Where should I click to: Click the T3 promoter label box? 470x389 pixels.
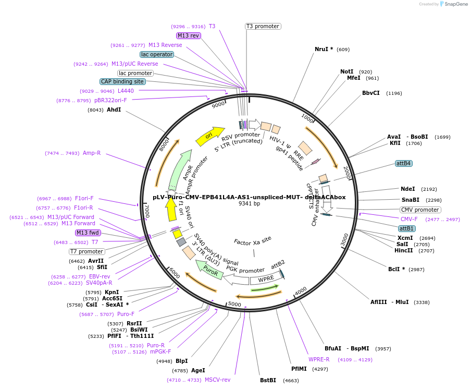tap(263, 26)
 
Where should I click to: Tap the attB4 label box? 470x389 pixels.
tap(404, 163)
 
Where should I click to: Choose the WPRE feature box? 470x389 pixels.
tap(266, 279)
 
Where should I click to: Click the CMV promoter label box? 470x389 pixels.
tap(420, 210)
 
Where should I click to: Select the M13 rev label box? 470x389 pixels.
tap(188, 35)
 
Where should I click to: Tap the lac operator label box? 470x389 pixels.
tap(157, 54)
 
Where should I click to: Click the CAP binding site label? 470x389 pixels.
tap(123, 81)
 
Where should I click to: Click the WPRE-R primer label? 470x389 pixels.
tap(319, 359)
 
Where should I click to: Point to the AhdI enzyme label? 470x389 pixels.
tap(114, 110)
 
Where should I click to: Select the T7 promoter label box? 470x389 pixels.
tap(86, 251)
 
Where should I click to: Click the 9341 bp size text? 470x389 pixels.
tap(249, 203)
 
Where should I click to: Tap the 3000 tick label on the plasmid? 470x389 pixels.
tap(344, 240)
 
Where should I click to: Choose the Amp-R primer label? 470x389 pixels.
tap(92, 153)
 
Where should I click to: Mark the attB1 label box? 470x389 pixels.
tap(406, 228)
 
